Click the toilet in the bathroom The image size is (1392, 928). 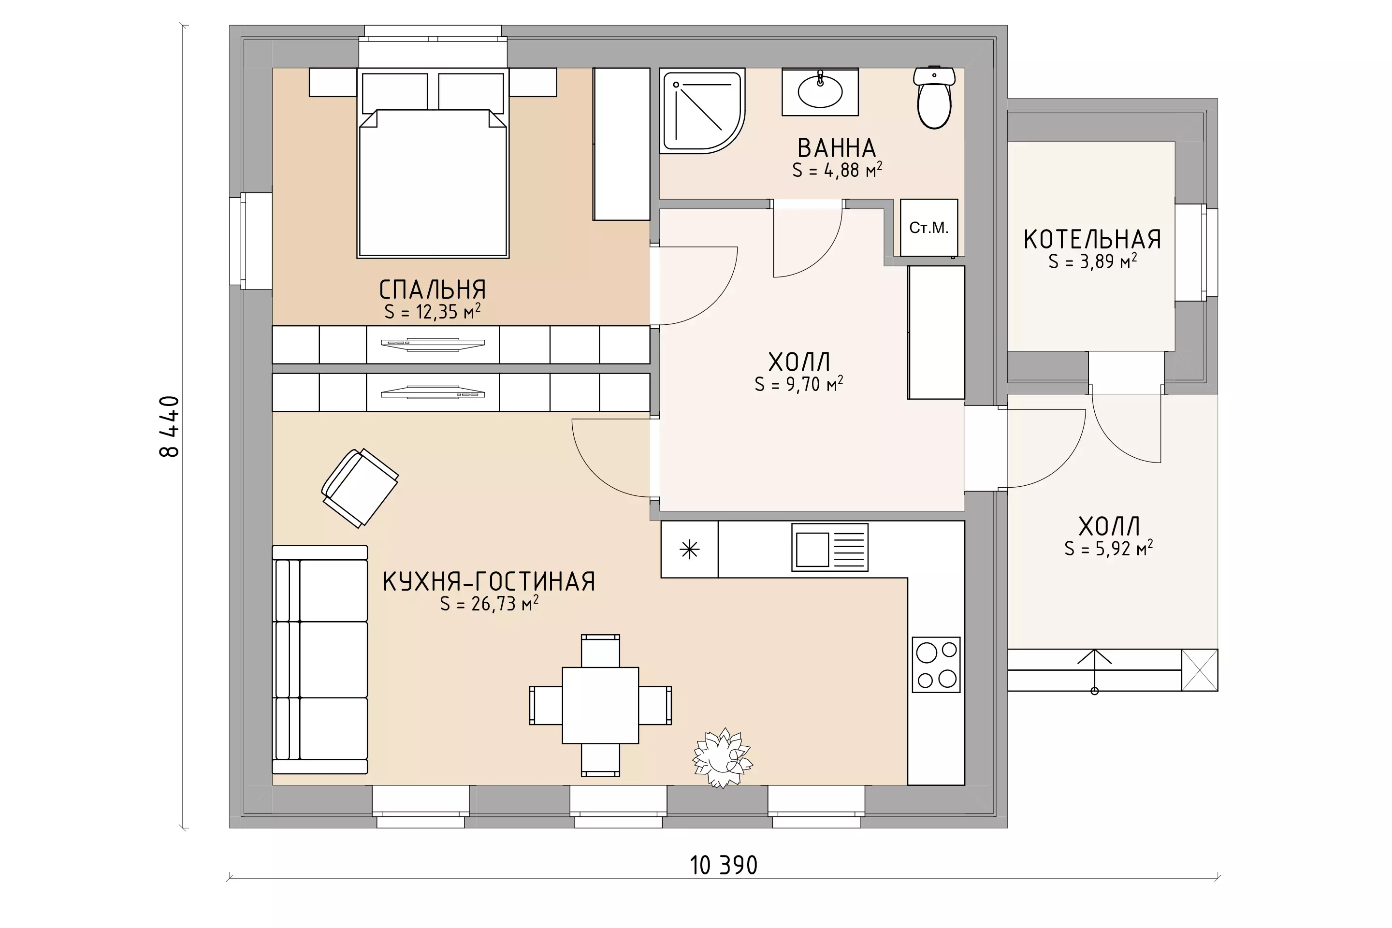pyautogui.click(x=934, y=98)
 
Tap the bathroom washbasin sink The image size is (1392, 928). pyautogui.click(x=820, y=92)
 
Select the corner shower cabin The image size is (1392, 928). pyautogui.click(x=702, y=111)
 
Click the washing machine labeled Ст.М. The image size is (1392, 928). pyautogui.click(x=928, y=228)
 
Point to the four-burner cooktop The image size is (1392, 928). pyautogui.click(x=936, y=665)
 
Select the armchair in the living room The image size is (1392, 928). pyautogui.click(x=360, y=488)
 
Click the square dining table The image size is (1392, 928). pyautogui.click(x=600, y=706)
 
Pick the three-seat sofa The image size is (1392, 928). pyautogui.click(x=319, y=659)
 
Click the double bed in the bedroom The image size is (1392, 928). pyautogui.click(x=433, y=163)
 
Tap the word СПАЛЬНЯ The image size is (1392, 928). pyautogui.click(x=433, y=290)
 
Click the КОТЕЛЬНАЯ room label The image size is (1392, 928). pyautogui.click(x=1092, y=240)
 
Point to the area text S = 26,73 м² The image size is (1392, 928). pyautogui.click(x=489, y=604)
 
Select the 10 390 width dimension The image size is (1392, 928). pyautogui.click(x=723, y=866)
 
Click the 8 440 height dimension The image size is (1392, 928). pyautogui.click(x=169, y=426)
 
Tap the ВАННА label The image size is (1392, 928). pyautogui.click(x=837, y=148)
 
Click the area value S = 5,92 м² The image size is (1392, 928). pyautogui.click(x=1108, y=549)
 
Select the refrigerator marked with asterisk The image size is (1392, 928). pyautogui.click(x=690, y=549)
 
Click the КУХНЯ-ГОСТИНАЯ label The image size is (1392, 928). pyautogui.click(x=489, y=582)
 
